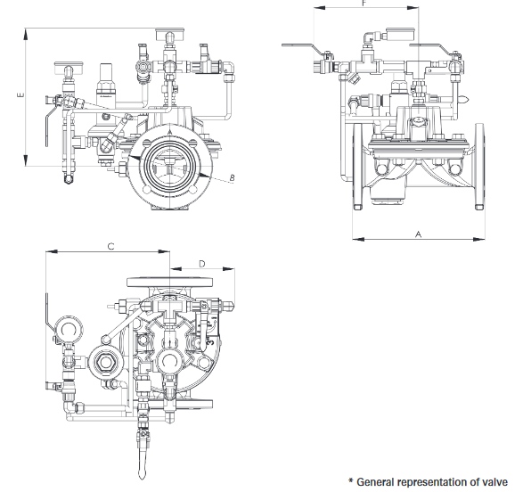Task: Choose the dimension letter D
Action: tap(202, 263)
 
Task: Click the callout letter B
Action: tap(232, 179)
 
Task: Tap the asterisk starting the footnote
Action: tap(351, 481)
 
